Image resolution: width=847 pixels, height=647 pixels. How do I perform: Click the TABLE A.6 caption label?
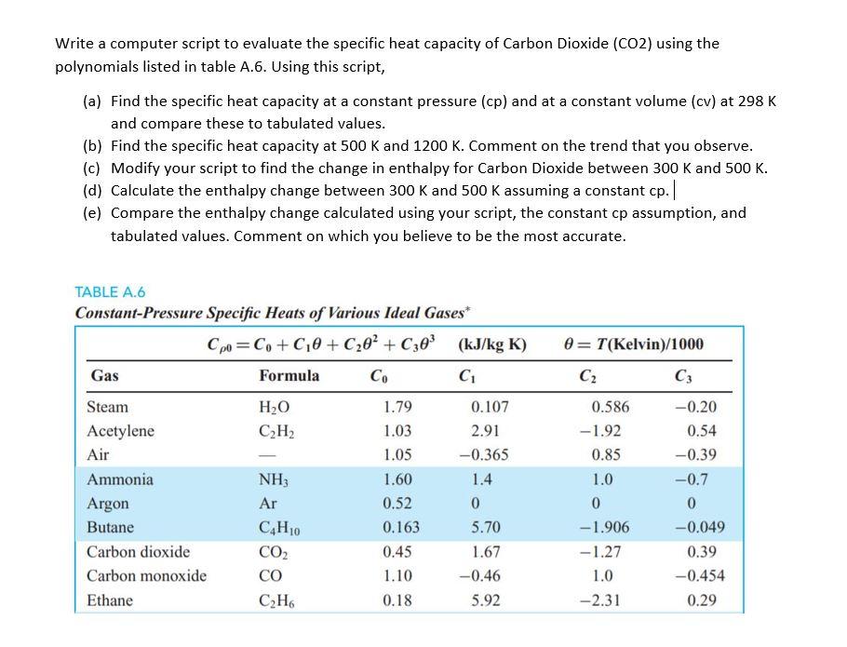tap(110, 291)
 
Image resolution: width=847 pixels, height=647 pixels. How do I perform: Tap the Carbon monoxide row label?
tap(146, 576)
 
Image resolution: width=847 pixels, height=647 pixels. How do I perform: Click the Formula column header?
tap(289, 376)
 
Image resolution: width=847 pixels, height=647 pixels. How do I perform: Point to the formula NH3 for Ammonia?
tap(272, 480)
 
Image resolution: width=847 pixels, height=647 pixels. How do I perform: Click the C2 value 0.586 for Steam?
tap(610, 407)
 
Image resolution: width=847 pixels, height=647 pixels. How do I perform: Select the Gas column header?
tap(104, 376)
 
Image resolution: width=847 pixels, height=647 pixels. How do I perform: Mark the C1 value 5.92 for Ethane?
tap(485, 600)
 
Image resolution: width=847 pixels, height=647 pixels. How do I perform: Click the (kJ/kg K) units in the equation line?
tap(492, 344)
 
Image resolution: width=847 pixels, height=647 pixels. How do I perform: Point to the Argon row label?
tap(108, 504)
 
